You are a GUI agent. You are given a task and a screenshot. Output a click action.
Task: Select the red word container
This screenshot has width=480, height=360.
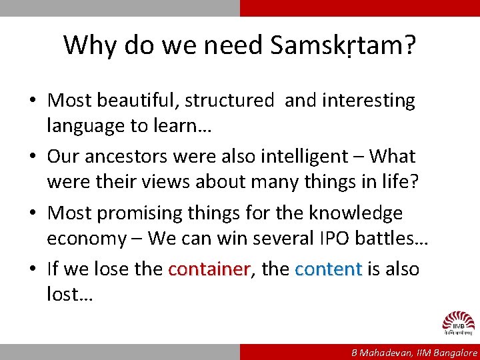point(209,269)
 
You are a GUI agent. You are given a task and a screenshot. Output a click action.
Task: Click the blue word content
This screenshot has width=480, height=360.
point(328,269)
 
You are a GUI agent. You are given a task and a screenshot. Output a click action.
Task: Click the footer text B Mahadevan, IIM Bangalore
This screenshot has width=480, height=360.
point(415,353)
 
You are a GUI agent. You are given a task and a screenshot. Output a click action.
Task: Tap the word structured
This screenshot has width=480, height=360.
point(229,101)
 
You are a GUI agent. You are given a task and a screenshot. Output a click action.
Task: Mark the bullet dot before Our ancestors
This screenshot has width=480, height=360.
point(33,157)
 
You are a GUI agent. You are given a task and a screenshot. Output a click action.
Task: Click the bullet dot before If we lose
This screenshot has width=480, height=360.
point(33,270)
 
